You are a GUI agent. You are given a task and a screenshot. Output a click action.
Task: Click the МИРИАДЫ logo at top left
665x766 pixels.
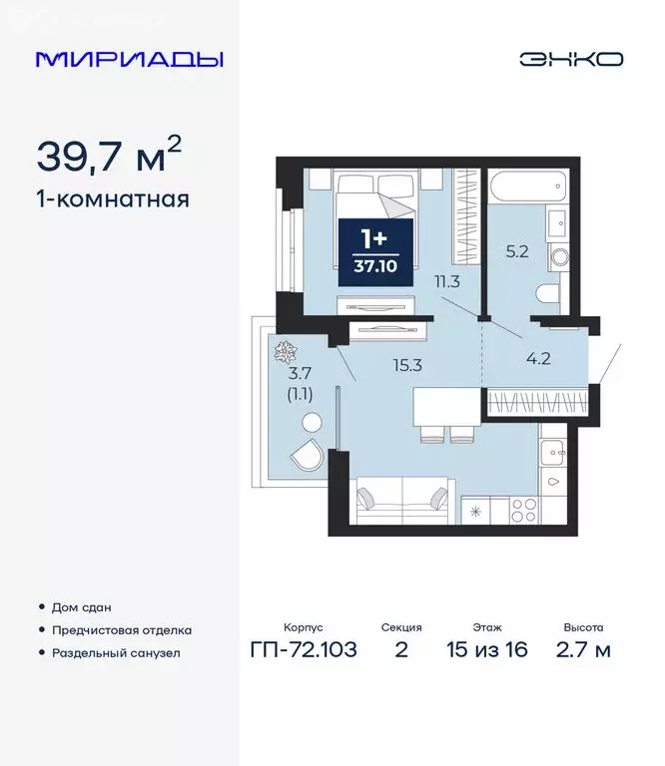[x=129, y=59]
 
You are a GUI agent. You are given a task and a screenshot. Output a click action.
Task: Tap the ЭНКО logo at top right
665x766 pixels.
[x=570, y=59]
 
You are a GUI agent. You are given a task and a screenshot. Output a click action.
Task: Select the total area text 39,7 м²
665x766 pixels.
[x=110, y=155]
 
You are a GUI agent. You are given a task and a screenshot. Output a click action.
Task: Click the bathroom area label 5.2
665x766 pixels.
[x=516, y=252]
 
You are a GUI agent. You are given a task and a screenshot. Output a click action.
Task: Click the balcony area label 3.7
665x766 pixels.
[x=300, y=374]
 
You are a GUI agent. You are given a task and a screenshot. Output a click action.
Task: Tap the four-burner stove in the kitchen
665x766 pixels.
[x=524, y=510]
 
